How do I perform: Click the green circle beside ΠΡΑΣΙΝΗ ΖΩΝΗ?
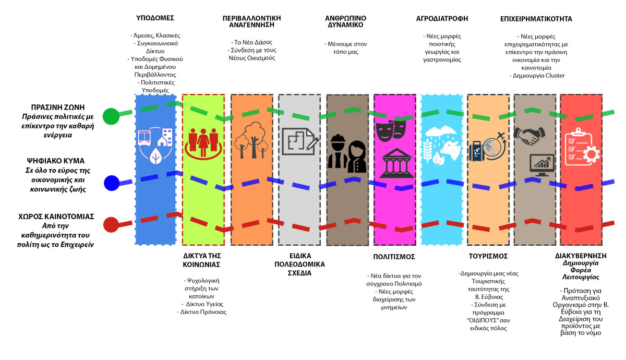111,116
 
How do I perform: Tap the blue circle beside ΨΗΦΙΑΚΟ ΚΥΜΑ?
112,183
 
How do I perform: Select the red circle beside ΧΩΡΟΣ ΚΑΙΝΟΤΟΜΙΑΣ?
111,225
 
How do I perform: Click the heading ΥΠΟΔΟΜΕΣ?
155,18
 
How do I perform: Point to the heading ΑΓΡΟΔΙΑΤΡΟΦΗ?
442,18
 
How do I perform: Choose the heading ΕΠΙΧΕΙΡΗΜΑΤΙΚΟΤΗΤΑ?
536,19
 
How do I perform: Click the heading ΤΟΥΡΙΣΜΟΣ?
488,256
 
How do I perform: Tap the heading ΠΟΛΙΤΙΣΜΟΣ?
394,257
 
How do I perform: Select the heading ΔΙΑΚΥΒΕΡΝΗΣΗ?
581,256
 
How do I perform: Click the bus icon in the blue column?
145,138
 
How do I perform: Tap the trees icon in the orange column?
251,140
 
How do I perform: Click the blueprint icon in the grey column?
300,141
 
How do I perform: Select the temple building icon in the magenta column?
396,163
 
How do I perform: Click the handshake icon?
529,136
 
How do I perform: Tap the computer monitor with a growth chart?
542,165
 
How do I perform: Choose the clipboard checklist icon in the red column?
582,147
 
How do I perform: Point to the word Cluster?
555,76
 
